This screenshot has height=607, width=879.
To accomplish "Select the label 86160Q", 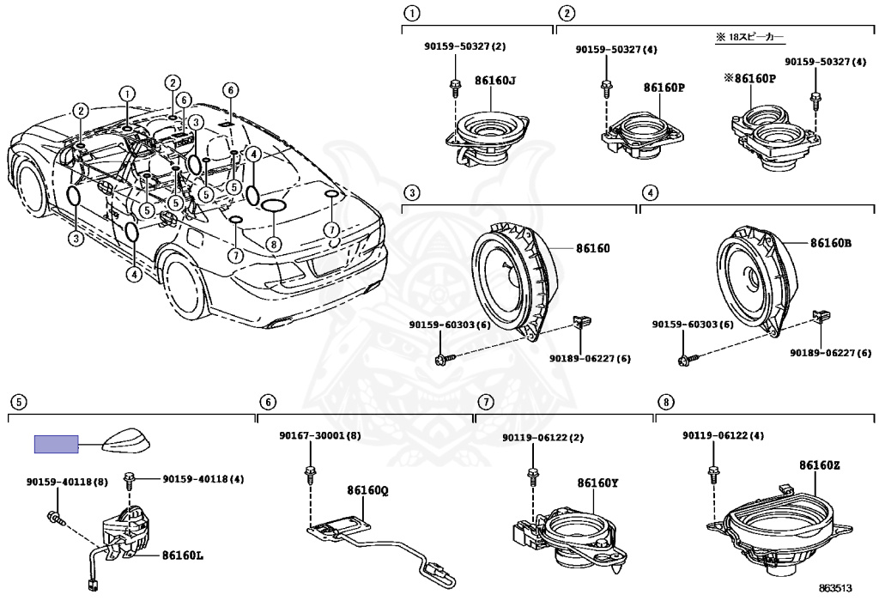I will coord(367,490).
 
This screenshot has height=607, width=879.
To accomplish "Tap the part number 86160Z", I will coord(819,465).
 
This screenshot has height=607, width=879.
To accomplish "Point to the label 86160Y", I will coord(597,483).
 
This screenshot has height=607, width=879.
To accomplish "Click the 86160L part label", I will coord(183,555).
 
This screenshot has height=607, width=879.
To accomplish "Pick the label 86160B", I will coord(830,243).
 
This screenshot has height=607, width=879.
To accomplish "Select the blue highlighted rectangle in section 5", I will coord(56,444).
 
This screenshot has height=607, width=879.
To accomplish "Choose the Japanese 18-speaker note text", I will coord(749,38).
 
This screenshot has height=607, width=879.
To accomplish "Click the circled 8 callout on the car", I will coord(273,244).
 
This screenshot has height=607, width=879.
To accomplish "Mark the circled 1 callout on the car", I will coord(127,94).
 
